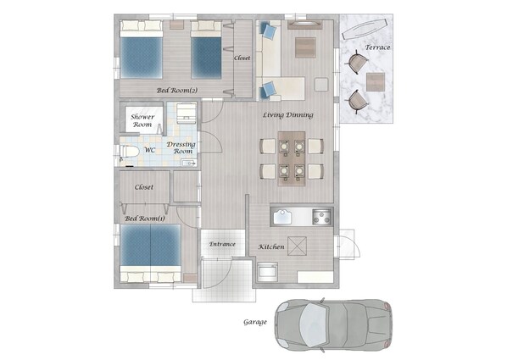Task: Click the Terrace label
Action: tap(377, 47)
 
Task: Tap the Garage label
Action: tap(255, 322)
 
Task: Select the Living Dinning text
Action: tap(287, 115)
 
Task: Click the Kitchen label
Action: tap(271, 246)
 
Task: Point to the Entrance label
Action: tap(222, 244)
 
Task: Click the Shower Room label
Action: tap(142, 120)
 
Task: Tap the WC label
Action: tap(150, 150)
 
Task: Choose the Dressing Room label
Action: tap(181, 147)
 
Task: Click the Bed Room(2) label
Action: tap(177, 91)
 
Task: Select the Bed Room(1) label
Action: tap(145, 219)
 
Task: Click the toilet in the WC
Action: tap(129, 152)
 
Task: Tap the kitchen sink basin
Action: tap(282, 217)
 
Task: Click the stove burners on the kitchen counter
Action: tap(321, 217)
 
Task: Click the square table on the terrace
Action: tap(376, 82)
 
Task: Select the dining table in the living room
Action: tap(292, 158)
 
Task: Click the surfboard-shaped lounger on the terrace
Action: tap(365, 29)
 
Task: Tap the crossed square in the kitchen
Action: tap(297, 246)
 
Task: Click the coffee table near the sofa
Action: tap(305, 47)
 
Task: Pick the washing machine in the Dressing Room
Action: tap(187, 114)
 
